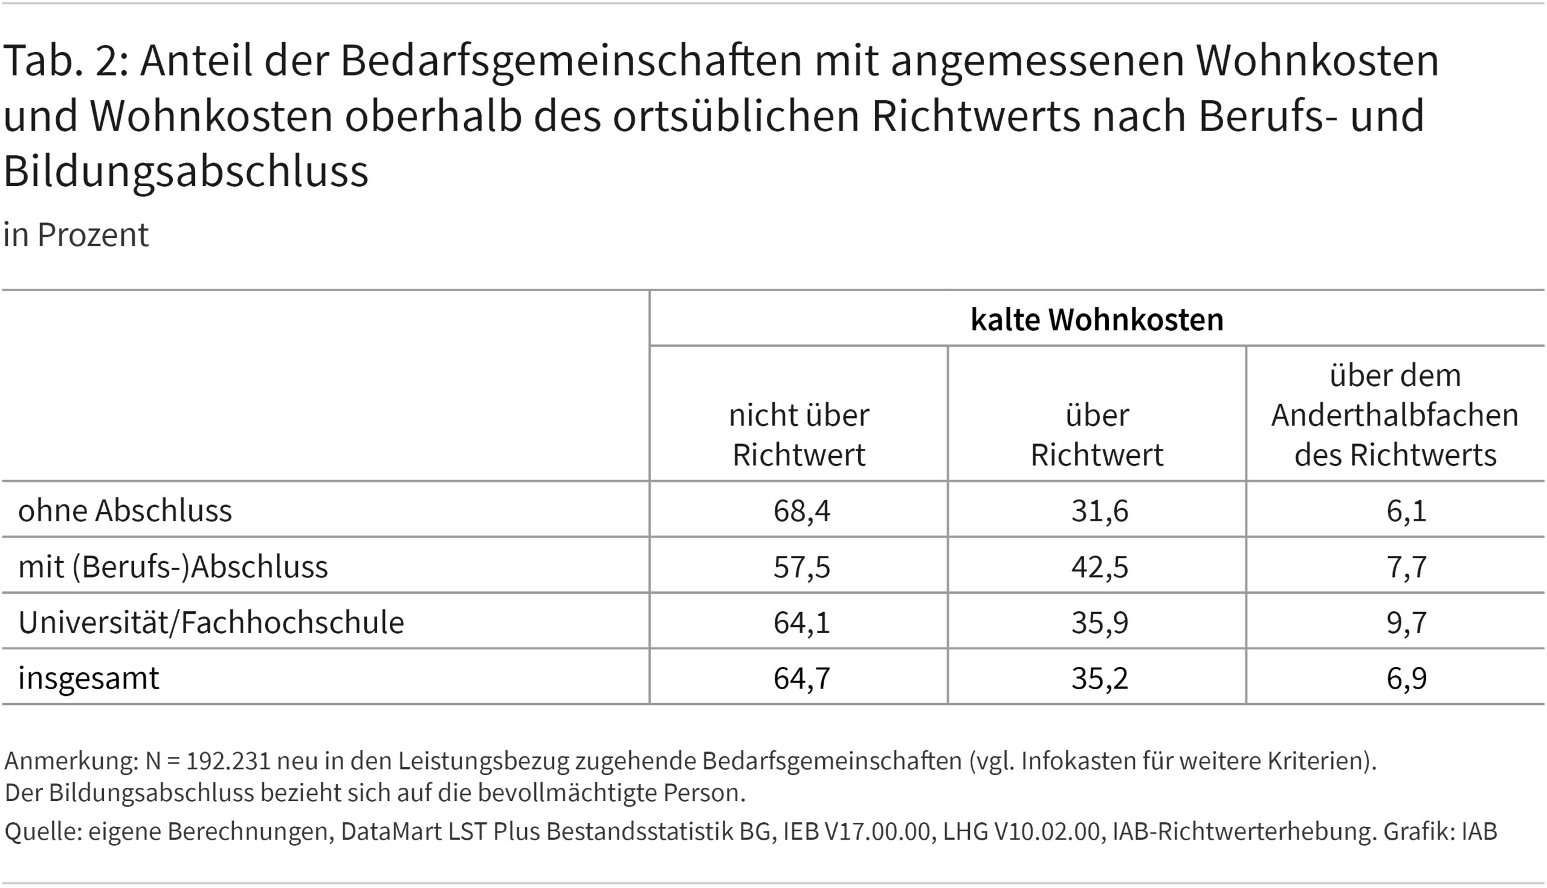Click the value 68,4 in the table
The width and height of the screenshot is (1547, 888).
pyautogui.click(x=801, y=510)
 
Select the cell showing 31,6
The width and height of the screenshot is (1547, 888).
pyautogui.click(x=1099, y=510)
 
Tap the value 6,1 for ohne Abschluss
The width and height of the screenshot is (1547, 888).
pyautogui.click(x=1406, y=510)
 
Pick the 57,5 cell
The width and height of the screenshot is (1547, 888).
pyautogui.click(x=801, y=567)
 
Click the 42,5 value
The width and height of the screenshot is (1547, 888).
pyautogui.click(x=1099, y=567)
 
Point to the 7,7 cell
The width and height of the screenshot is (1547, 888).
pyautogui.click(x=1406, y=567)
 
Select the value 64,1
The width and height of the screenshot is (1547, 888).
pyautogui.click(x=801, y=622)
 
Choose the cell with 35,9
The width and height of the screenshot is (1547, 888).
pyautogui.click(x=1099, y=622)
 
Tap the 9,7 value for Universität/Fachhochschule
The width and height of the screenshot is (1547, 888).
pyautogui.click(x=1406, y=622)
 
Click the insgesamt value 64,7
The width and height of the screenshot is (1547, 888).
pyautogui.click(x=801, y=678)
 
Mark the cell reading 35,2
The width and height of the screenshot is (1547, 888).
pyautogui.click(x=1099, y=678)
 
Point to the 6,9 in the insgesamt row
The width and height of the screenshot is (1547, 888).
pyautogui.click(x=1406, y=678)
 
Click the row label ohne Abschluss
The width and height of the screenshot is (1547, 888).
pyautogui.click(x=125, y=510)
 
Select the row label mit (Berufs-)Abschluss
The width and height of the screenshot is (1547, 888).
pyautogui.click(x=173, y=567)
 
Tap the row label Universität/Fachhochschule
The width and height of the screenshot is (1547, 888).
pyautogui.click(x=211, y=622)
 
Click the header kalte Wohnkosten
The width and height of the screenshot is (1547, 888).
pyautogui.click(x=1097, y=320)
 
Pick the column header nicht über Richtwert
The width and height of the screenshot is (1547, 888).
pyautogui.click(x=798, y=435)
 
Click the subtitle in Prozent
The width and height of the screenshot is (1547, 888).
pyautogui.click(x=76, y=235)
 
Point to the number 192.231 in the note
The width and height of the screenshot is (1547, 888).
pyautogui.click(x=228, y=761)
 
